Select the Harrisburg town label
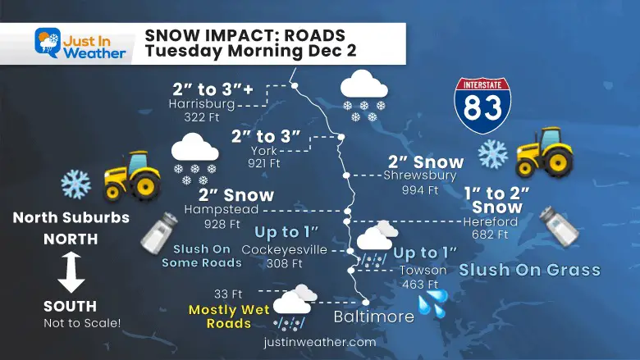tap(201, 105)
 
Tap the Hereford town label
tap(490, 221)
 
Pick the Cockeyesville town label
tap(284, 250)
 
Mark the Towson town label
tap(423, 270)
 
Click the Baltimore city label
tap(373, 317)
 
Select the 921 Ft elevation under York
tap(263, 163)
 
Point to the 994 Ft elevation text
tap(420, 189)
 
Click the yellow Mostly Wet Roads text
tap(220, 317)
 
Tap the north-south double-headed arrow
tap(71, 272)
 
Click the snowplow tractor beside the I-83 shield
tap(544, 152)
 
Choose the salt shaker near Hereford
tap(559, 226)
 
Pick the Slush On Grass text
tap(529, 269)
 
